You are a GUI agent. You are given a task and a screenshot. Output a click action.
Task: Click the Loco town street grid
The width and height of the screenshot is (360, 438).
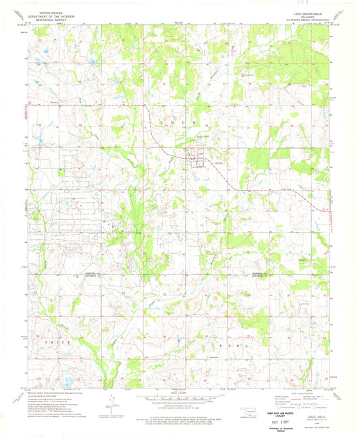197,159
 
